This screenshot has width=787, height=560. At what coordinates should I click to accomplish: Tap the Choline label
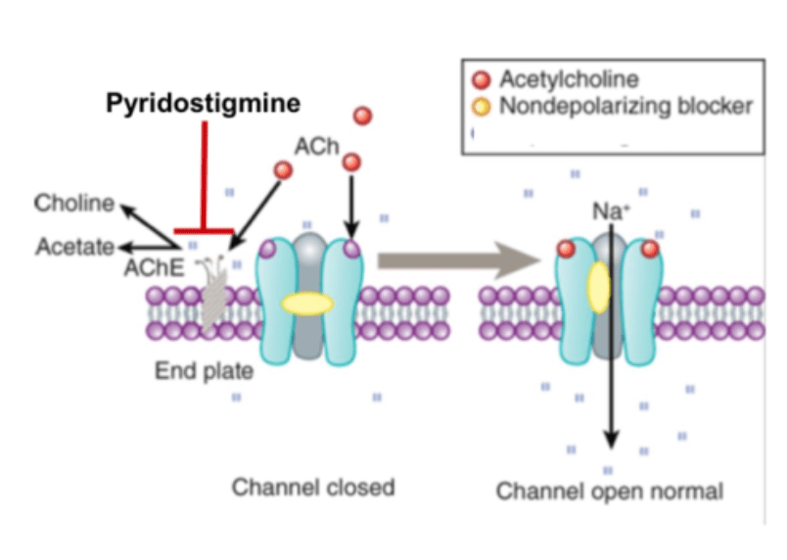(74, 204)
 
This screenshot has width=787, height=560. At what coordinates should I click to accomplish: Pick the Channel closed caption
(312, 487)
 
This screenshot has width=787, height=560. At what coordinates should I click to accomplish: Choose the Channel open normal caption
(609, 490)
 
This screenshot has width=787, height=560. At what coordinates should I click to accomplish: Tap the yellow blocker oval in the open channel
(598, 288)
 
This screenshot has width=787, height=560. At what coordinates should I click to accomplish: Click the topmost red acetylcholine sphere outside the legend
(362, 117)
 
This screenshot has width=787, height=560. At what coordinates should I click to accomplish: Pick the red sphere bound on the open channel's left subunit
(565, 249)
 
